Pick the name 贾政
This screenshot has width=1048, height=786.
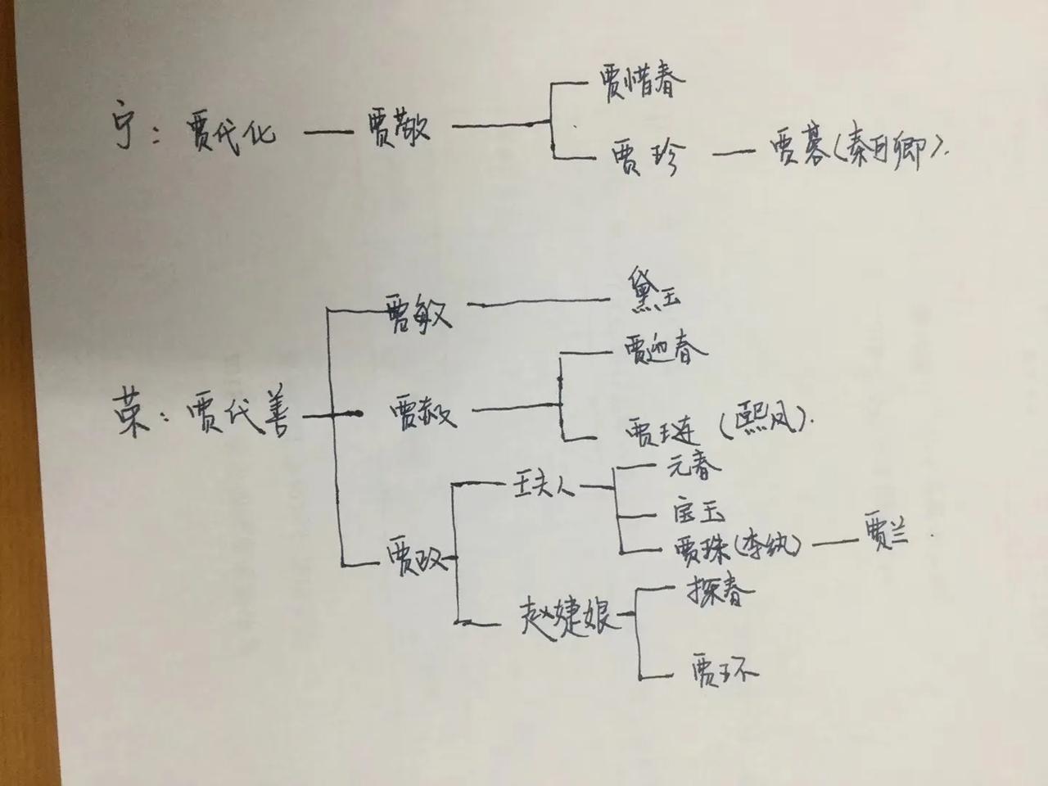coord(413,561)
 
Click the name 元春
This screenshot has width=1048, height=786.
coord(694,468)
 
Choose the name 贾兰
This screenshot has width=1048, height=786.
coord(884,540)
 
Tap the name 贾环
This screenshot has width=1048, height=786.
coord(724,672)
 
